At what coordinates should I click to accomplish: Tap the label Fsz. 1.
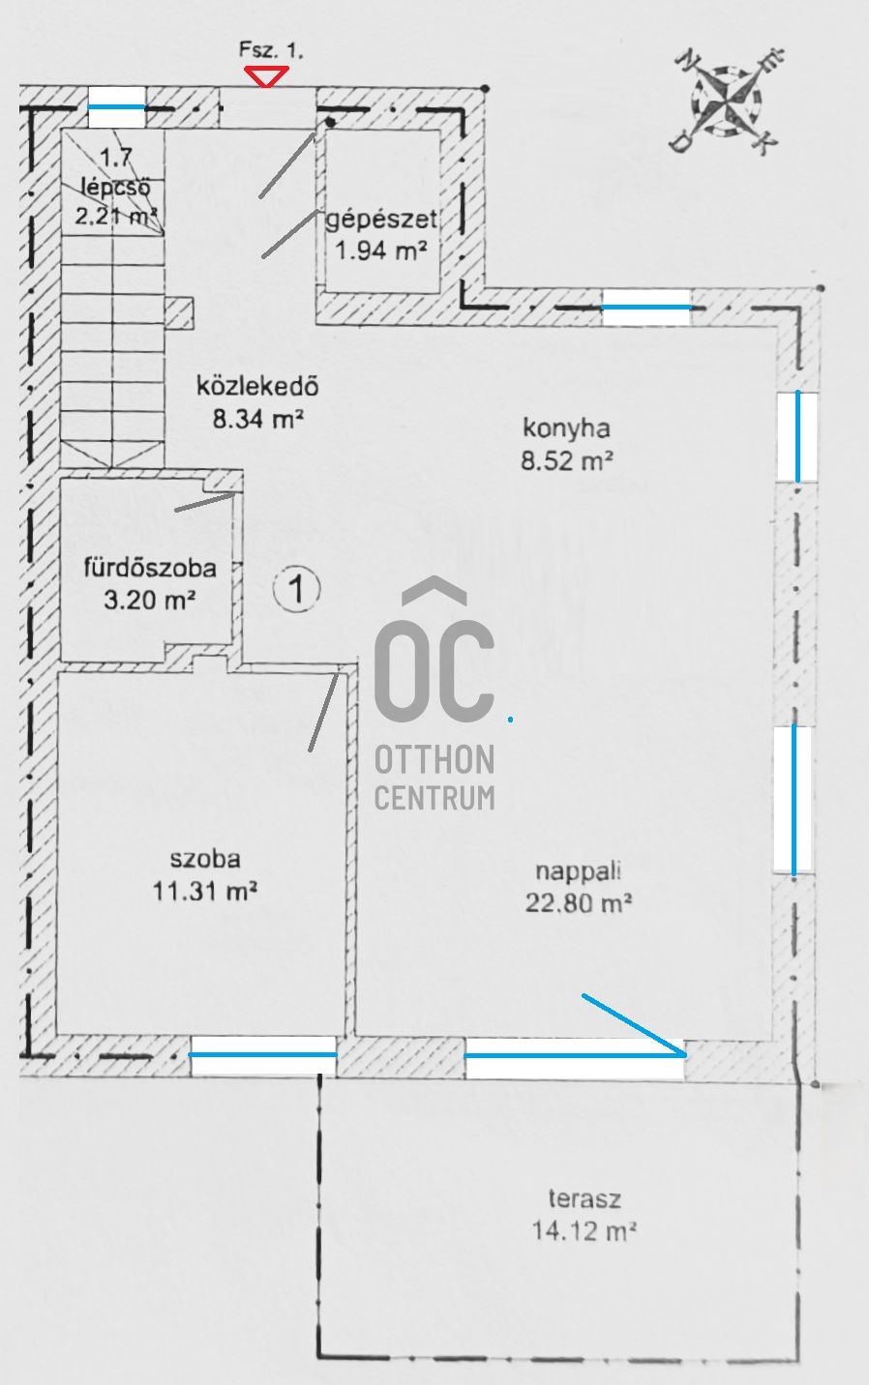tap(271, 51)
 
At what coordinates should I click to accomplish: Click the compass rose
tap(727, 101)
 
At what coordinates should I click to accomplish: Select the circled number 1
tap(296, 588)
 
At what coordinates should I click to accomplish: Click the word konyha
tap(566, 427)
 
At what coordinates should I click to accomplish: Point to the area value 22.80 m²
tap(578, 903)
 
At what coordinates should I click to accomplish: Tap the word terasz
tap(584, 1199)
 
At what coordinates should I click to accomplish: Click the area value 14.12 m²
tap(584, 1231)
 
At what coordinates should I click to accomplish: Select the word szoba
tap(204, 858)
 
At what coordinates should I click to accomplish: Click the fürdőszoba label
tap(150, 568)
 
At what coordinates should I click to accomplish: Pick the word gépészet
tap(381, 219)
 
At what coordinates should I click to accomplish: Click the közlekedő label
tap(257, 387)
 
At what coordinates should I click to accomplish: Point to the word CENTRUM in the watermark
tap(434, 798)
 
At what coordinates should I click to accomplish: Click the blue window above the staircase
tap(117, 106)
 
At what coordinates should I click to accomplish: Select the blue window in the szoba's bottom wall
tap(263, 1054)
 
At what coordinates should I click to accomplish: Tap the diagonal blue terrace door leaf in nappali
tap(633, 1022)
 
